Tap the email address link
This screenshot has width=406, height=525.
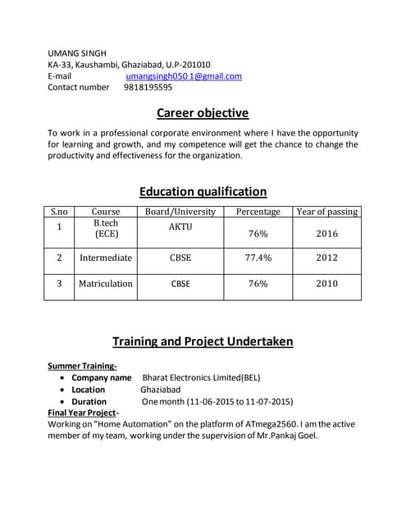point(183,75)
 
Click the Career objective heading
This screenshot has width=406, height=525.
point(203,113)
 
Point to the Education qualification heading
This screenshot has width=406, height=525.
point(203,192)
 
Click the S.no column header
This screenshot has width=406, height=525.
point(59,212)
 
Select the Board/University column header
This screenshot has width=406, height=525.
point(180,212)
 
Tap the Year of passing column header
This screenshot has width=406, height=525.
point(326,212)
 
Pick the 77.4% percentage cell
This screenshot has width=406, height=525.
point(258,258)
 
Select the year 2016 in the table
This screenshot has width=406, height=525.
point(326,234)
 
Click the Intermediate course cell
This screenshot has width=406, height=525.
point(106,258)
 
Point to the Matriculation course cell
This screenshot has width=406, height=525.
point(105,284)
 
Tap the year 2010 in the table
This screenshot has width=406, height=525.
point(326,284)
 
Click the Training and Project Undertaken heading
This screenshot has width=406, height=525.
point(203,341)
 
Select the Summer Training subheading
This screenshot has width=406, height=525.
point(82,366)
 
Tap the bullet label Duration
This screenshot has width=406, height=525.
point(89,402)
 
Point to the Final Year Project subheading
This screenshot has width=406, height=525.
point(84,413)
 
